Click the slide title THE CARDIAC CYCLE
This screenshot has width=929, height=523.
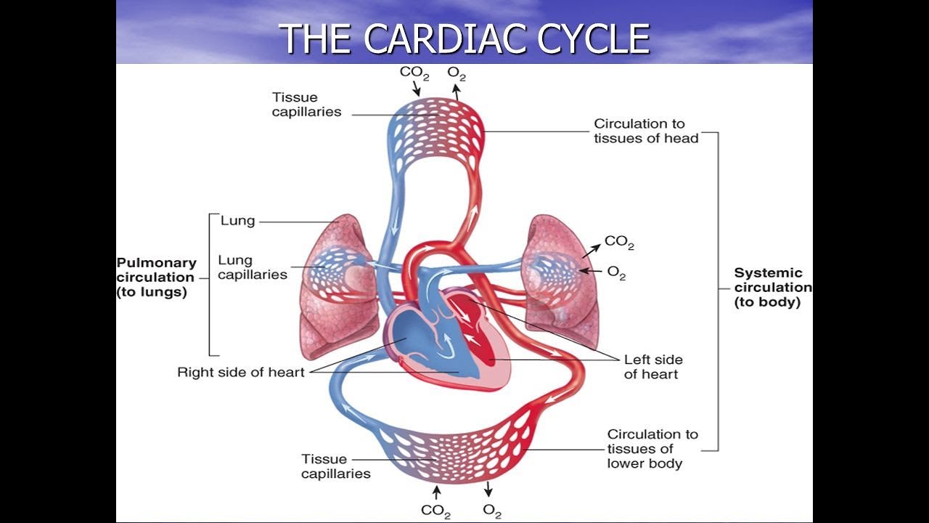click(x=464, y=38)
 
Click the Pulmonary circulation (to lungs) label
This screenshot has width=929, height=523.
click(x=156, y=277)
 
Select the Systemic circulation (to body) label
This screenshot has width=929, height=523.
click(x=772, y=287)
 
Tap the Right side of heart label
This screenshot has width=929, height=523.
click(x=240, y=373)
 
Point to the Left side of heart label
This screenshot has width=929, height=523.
click(x=652, y=367)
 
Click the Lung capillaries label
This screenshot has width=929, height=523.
click(x=252, y=267)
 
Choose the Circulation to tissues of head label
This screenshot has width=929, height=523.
click(x=645, y=131)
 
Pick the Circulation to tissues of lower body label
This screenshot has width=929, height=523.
click(x=652, y=448)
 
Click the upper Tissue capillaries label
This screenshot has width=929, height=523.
click(x=306, y=105)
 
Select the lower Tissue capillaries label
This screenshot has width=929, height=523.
click(x=335, y=466)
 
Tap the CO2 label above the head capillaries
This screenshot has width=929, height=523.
click(x=414, y=73)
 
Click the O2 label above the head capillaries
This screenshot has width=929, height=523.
click(x=456, y=73)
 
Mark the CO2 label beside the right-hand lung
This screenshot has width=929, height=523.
click(x=618, y=243)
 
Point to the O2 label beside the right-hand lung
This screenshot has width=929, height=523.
click(x=615, y=273)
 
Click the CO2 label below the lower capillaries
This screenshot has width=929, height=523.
click(x=435, y=511)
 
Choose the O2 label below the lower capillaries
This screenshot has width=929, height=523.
click(x=491, y=511)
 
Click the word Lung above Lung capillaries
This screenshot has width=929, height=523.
click(x=237, y=221)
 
